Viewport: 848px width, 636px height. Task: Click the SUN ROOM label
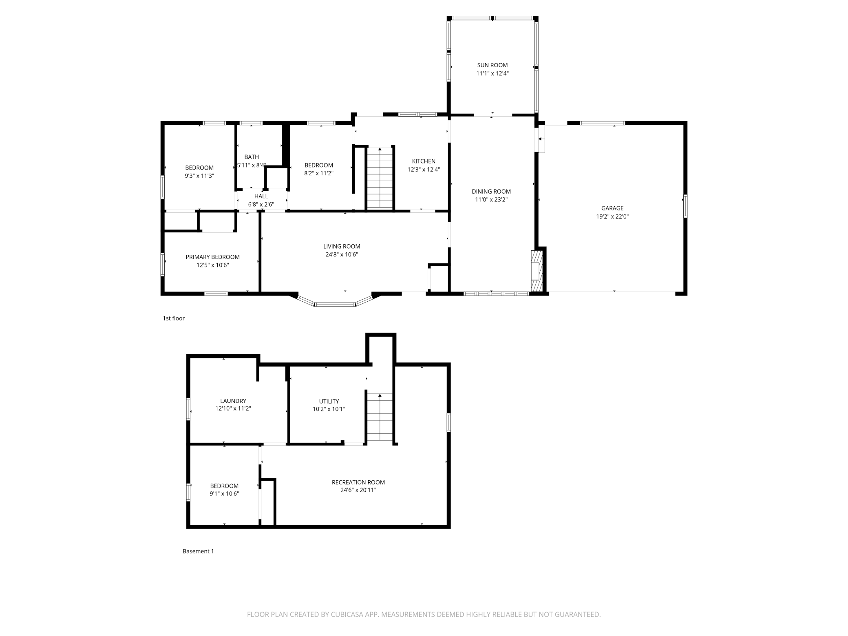(x=492, y=65)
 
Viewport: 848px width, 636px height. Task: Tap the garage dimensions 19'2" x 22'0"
(x=612, y=217)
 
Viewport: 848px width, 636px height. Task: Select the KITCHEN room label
(x=424, y=161)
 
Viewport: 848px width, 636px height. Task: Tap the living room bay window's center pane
(x=335, y=304)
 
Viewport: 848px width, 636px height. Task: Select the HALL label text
(x=261, y=197)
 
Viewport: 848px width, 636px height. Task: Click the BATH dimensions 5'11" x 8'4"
(x=252, y=166)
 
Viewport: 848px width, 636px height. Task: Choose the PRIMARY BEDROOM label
(x=212, y=257)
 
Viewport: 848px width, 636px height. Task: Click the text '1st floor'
(x=174, y=318)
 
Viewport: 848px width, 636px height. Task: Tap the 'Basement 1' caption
(x=198, y=551)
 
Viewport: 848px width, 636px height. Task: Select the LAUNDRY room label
(x=233, y=401)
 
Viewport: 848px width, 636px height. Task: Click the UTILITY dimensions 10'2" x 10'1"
(x=329, y=409)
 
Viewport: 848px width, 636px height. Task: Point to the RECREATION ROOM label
(x=358, y=482)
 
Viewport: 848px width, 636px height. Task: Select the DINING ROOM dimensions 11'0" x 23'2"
(x=491, y=200)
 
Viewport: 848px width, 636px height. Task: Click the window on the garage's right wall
(x=685, y=206)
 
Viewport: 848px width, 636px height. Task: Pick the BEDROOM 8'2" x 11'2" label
(x=318, y=166)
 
